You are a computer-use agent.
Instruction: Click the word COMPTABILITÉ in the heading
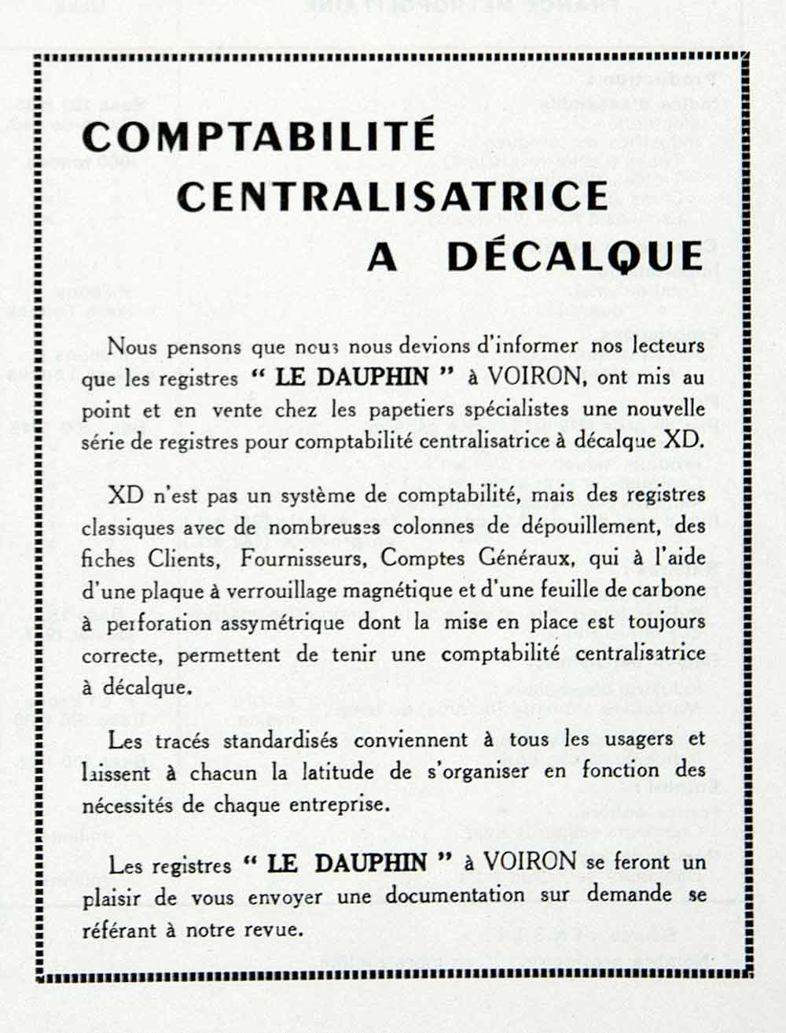tap(259, 135)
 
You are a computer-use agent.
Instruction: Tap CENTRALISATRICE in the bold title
tap(393, 196)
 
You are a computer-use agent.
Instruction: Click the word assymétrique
tap(280, 623)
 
